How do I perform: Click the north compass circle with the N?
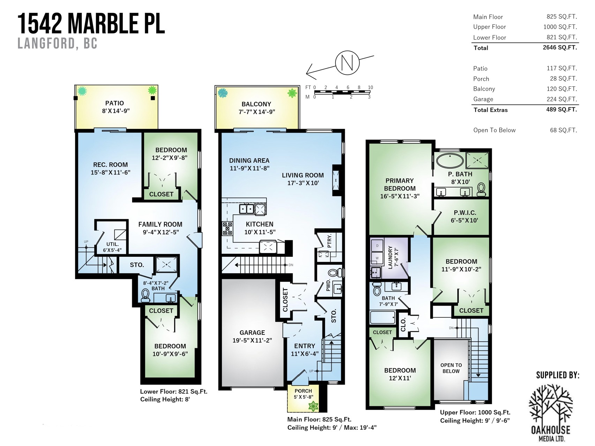347,63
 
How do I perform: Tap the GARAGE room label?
252,333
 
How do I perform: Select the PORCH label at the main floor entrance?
303,391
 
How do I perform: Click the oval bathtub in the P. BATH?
450,161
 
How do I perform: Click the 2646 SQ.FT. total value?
560,48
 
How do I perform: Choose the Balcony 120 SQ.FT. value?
562,89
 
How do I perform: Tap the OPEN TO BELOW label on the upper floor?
451,368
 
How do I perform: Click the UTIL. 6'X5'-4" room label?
112,247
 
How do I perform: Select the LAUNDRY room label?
390,257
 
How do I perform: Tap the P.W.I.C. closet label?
465,213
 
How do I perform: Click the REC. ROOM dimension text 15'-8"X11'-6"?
110,172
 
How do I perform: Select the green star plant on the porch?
313,406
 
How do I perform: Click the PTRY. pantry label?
330,240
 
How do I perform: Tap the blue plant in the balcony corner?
223,93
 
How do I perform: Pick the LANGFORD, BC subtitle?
57,44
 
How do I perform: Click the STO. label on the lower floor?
137,265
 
